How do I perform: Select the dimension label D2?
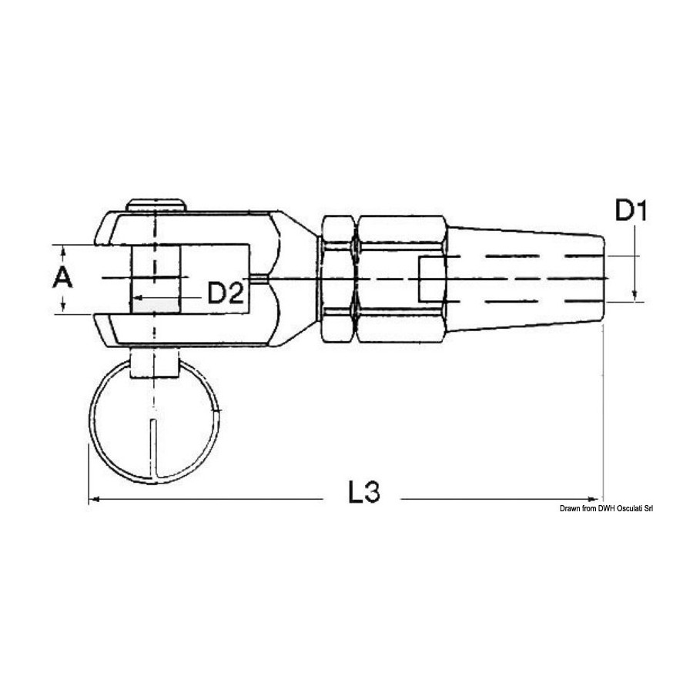coord(226,293)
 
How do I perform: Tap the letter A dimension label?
coord(63,279)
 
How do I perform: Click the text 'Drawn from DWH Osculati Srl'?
coord(607,509)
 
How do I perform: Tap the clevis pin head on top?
coord(156,206)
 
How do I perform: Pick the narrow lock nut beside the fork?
coord(338,279)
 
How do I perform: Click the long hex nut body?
coord(401,279)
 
